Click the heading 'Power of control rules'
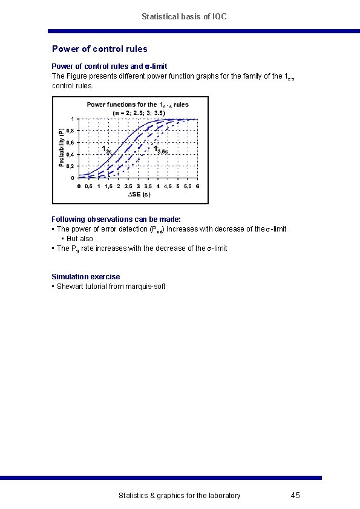pos(100,49)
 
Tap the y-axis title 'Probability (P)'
pos(61,148)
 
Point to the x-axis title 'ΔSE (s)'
pos(139,195)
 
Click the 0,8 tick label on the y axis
pos(71,131)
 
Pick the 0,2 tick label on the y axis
pos(71,166)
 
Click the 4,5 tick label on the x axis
pos(168,186)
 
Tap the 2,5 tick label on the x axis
pos(128,186)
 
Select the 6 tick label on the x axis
pos(197,186)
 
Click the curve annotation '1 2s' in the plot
pos(106,150)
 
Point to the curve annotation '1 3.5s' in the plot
pos(160,149)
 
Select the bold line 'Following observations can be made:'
pos(116,219)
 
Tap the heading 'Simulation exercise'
pos(86,276)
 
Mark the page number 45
pos(295,496)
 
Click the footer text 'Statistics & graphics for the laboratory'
pos(179,496)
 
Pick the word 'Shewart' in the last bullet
pos(70,286)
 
